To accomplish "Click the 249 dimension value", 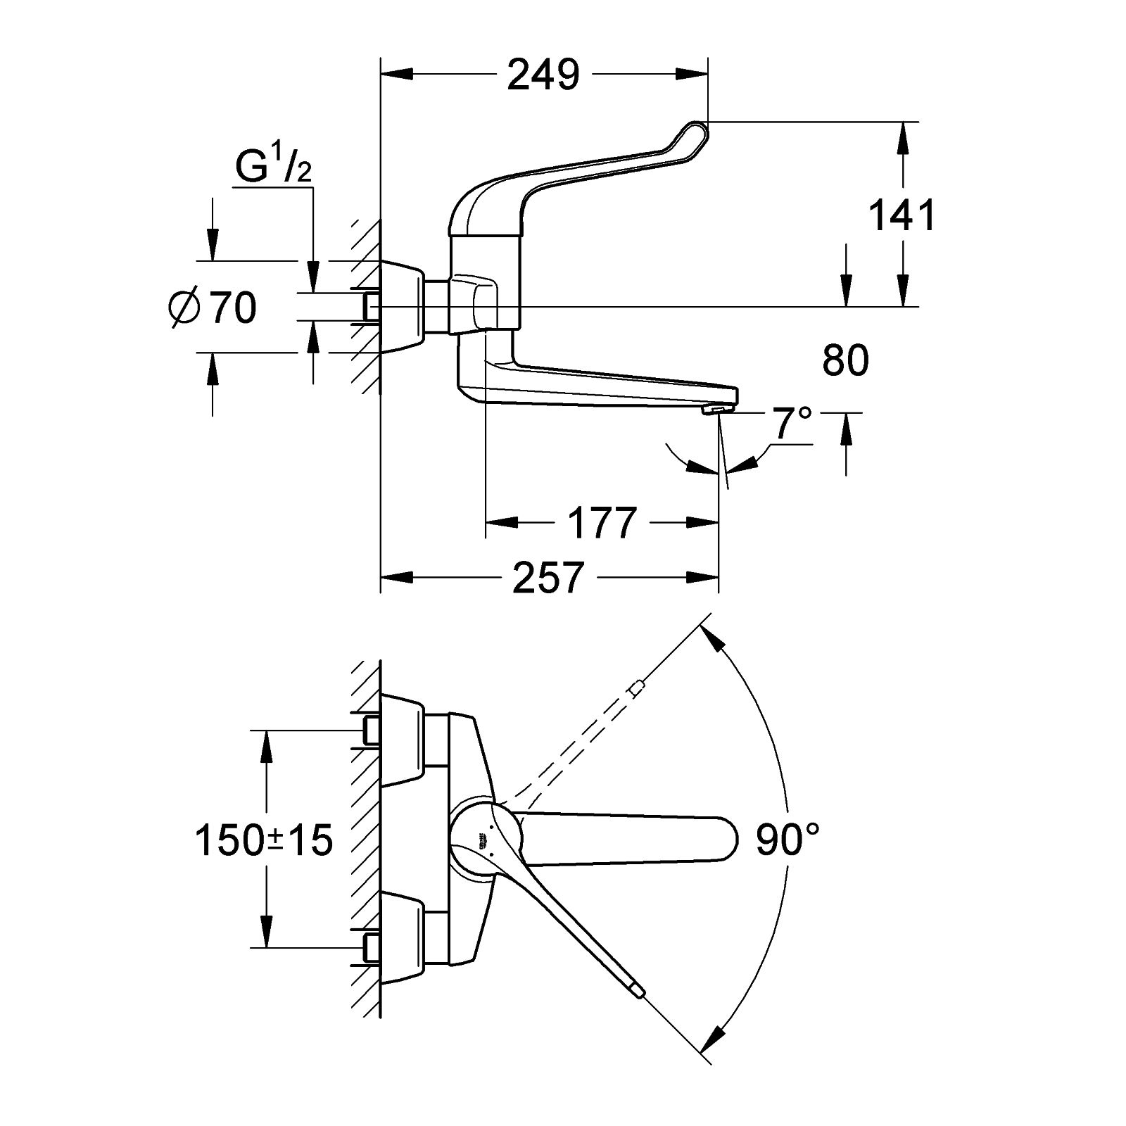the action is [543, 75].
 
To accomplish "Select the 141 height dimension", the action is [902, 215].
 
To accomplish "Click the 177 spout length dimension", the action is [602, 522].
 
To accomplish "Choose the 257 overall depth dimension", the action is [548, 577].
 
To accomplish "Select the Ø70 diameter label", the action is [213, 308].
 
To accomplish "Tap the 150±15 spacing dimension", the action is [264, 840].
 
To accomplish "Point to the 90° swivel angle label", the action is [787, 839].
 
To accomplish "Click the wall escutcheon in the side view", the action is [402, 308].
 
